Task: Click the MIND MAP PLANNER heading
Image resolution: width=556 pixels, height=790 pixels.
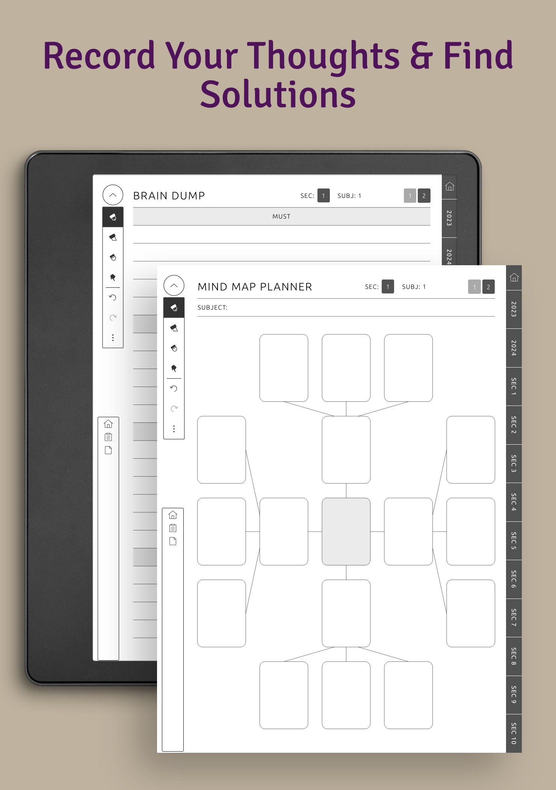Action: (x=255, y=287)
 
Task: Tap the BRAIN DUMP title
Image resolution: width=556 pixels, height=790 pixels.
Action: (x=169, y=196)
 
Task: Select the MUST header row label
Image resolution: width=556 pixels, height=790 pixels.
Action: (x=281, y=216)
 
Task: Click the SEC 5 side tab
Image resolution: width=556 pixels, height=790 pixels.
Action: (x=514, y=541)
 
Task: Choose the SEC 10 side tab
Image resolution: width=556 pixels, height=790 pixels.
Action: (x=514, y=733)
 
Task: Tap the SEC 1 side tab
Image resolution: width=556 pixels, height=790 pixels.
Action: (x=514, y=386)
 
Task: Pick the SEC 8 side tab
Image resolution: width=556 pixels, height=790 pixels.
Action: (x=514, y=656)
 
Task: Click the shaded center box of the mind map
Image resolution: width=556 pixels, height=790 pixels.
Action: (x=346, y=532)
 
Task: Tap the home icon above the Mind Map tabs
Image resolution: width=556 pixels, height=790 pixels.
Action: (x=514, y=278)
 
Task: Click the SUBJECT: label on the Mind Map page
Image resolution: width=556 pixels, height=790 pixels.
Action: (x=213, y=307)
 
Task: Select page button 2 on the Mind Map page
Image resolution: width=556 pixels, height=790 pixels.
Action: (x=488, y=287)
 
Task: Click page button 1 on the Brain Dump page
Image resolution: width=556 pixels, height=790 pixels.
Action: (x=410, y=196)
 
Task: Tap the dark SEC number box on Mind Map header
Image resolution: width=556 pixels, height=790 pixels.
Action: (x=388, y=287)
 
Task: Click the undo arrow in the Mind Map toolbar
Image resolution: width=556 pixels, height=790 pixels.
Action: (x=174, y=388)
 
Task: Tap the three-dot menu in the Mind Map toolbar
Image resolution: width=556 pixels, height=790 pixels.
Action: (x=174, y=429)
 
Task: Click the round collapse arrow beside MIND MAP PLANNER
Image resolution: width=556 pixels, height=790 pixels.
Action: (x=174, y=286)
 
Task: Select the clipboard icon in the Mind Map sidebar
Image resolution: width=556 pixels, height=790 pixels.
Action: (x=173, y=528)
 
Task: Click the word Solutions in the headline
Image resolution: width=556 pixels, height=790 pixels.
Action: (x=278, y=94)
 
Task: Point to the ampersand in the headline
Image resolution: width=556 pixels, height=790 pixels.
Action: (x=422, y=56)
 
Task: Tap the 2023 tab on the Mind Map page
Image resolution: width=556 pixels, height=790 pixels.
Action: (x=514, y=309)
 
